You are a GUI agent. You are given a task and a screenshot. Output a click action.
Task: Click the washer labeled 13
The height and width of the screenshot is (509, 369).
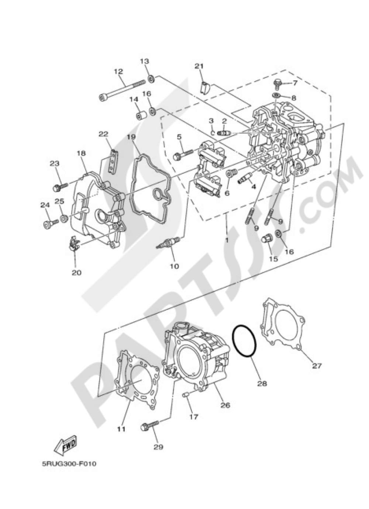click(x=151, y=79)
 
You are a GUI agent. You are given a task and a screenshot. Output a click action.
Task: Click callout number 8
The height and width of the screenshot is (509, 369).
click(x=293, y=98)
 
